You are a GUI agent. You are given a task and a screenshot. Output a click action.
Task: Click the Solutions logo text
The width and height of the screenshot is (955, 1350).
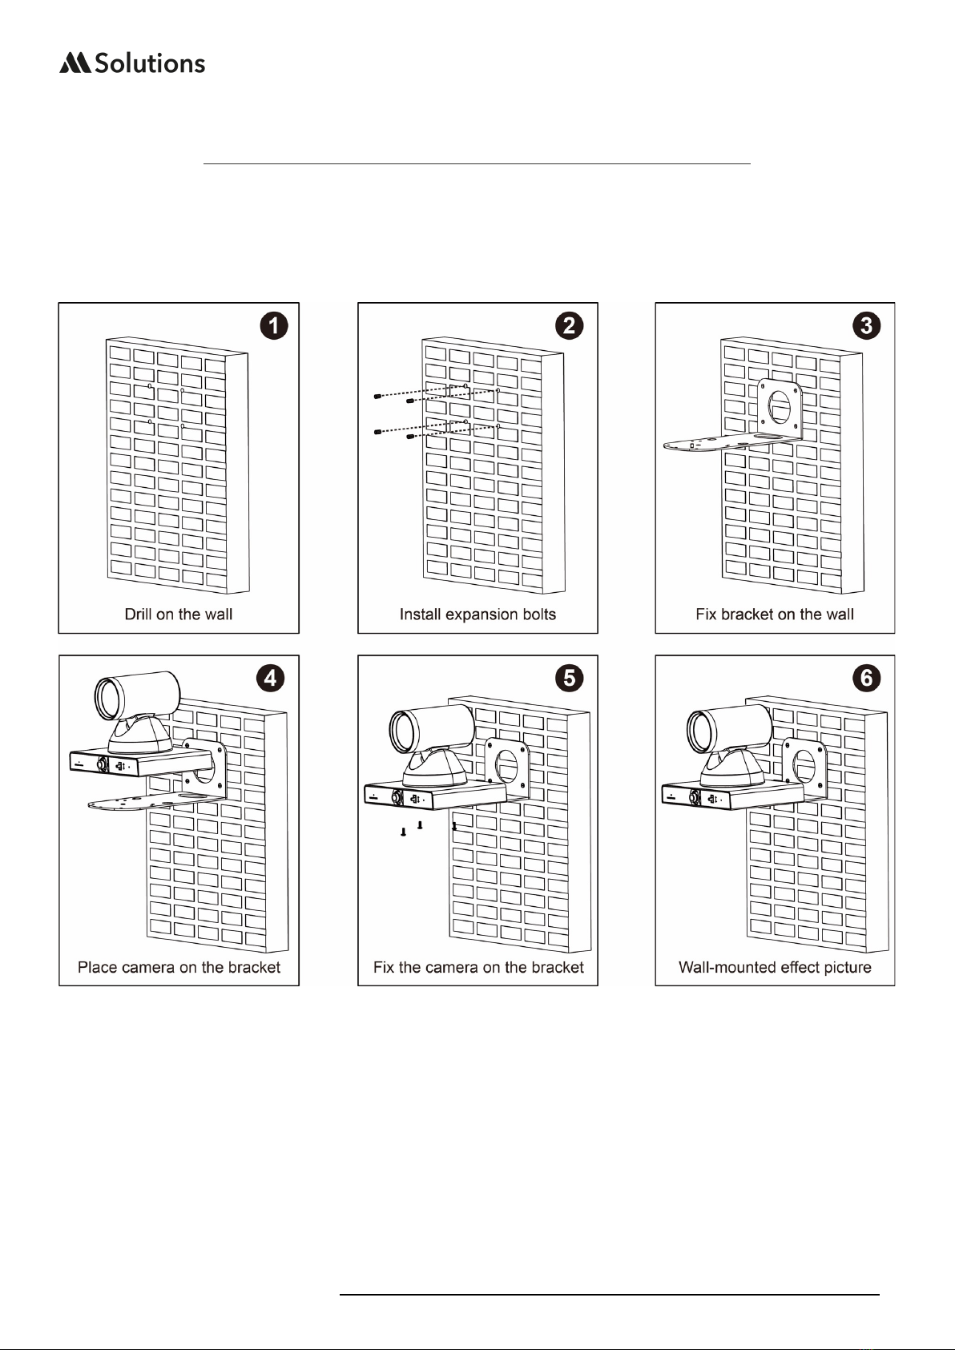pyautogui.click(x=150, y=63)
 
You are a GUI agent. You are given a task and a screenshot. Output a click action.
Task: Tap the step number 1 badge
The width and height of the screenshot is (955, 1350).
pyautogui.click(x=273, y=325)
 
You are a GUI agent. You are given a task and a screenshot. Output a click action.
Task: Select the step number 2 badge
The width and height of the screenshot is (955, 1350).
pyautogui.click(x=569, y=325)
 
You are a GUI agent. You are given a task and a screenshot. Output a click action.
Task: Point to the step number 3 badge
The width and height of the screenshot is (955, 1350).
pyautogui.click(x=866, y=325)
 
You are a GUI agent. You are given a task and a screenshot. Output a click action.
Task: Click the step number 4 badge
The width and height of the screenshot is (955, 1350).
pyautogui.click(x=270, y=678)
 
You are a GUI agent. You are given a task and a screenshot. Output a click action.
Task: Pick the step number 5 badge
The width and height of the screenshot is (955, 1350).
pyautogui.click(x=569, y=678)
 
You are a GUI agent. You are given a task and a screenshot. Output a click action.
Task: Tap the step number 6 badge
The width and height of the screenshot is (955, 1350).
pyautogui.click(x=866, y=678)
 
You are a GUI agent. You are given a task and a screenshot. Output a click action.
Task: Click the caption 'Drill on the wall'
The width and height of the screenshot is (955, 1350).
pyautogui.click(x=179, y=615)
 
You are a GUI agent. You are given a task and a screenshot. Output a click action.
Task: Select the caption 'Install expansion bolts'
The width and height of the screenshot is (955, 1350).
pyautogui.click(x=477, y=615)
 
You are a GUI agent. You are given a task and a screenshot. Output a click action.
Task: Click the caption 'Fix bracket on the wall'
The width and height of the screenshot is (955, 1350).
pyautogui.click(x=775, y=615)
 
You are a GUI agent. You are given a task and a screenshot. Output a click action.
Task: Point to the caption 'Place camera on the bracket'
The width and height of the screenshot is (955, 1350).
pyautogui.click(x=179, y=967)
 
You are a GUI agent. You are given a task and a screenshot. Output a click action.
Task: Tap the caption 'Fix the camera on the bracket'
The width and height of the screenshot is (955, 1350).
pyautogui.click(x=478, y=967)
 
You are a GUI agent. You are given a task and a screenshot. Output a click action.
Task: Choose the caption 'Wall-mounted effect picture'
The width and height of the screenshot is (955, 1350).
pyautogui.click(x=775, y=967)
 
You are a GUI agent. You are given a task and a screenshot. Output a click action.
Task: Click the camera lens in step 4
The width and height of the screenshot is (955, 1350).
pyautogui.click(x=108, y=699)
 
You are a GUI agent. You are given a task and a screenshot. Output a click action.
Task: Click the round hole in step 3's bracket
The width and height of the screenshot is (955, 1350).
pyautogui.click(x=779, y=407)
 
